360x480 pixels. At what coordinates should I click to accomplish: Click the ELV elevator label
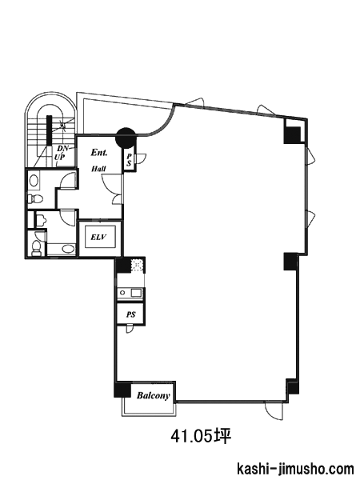[98, 237]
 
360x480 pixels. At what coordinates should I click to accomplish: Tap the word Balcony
[153, 395]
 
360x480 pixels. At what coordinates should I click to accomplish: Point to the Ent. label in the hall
[99, 153]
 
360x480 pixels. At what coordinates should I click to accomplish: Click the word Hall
[99, 168]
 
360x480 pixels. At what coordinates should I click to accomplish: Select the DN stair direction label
[62, 149]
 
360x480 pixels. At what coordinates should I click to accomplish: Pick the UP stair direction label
[60, 158]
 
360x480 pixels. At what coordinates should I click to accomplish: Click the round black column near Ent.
[126, 138]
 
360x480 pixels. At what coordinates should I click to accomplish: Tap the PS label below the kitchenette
[130, 314]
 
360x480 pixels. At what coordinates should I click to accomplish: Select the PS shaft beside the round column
[129, 160]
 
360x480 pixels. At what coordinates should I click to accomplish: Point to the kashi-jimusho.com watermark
[295, 469]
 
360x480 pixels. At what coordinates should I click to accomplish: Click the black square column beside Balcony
[122, 390]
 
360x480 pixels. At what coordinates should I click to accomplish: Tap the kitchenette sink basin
[136, 293]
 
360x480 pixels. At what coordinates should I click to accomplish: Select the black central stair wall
[49, 130]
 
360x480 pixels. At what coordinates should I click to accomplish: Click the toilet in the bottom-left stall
[36, 247]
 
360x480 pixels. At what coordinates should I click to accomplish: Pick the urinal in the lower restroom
[41, 219]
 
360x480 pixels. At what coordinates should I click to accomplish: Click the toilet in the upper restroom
[35, 199]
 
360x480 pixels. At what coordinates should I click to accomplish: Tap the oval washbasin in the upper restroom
[34, 181]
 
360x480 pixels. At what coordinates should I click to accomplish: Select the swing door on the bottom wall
[274, 410]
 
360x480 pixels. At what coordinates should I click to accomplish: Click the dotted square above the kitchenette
[137, 265]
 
